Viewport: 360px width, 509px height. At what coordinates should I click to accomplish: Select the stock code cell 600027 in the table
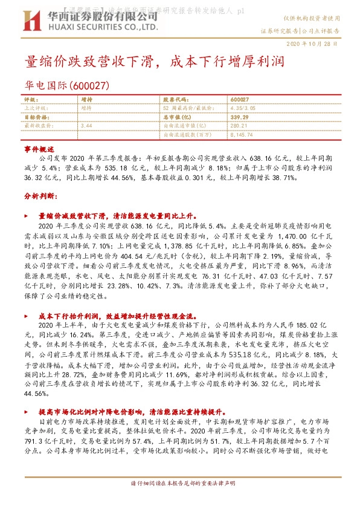pos(240,99)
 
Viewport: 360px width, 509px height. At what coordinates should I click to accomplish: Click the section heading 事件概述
pos(39,148)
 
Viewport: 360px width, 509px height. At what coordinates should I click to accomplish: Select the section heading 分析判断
pos(40,196)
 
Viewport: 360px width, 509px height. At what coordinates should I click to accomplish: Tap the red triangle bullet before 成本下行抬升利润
pos(25,316)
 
